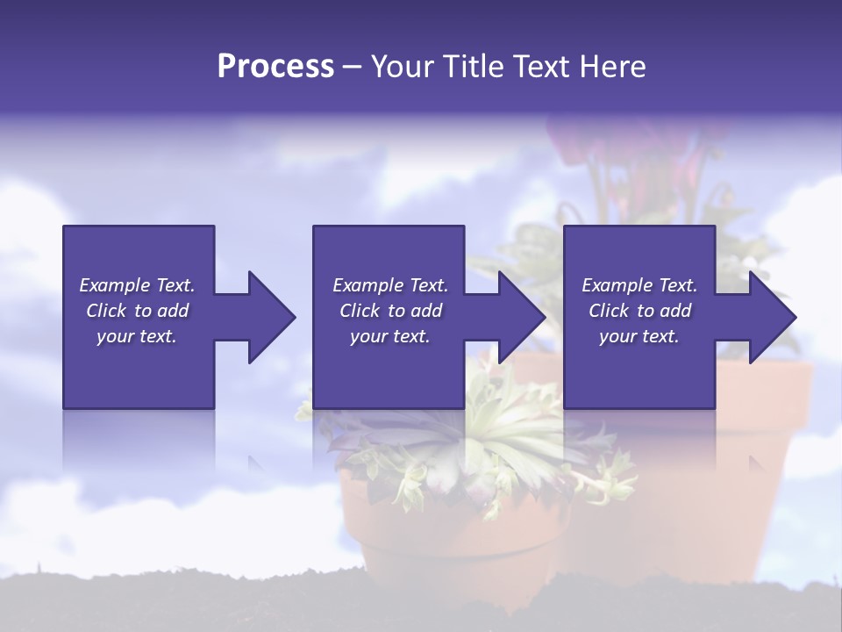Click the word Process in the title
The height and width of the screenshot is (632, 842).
click(x=275, y=67)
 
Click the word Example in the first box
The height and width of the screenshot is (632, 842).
click(x=114, y=285)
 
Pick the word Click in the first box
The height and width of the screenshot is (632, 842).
click(x=107, y=311)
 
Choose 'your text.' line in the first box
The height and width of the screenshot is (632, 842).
click(x=137, y=336)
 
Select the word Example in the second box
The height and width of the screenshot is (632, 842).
click(x=367, y=285)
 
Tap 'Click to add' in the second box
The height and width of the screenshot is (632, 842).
click(x=390, y=311)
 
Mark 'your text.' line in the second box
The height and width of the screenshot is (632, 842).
click(x=390, y=336)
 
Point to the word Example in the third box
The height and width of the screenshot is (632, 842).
click(x=617, y=285)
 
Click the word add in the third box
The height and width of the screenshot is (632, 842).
click(x=675, y=311)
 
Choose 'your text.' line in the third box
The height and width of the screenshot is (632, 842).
click(x=639, y=336)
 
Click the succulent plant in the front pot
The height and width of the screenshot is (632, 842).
click(x=491, y=439)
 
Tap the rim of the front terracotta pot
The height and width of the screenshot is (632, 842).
click(x=456, y=518)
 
